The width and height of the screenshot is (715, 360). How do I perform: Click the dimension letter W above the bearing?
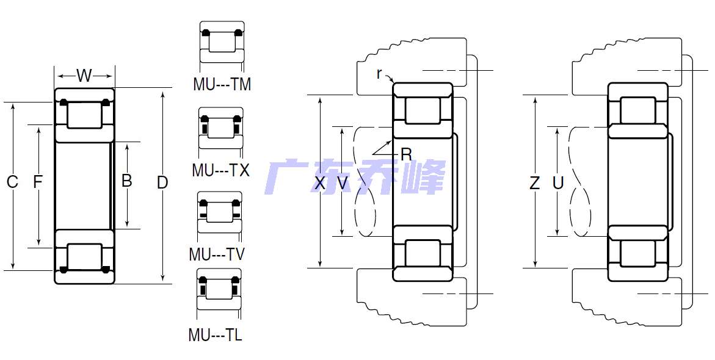coord(84,76)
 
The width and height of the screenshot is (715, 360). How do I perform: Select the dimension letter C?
coord(12,182)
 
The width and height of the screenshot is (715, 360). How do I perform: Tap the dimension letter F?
coord(38,182)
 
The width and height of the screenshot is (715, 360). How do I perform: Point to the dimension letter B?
coord(127,181)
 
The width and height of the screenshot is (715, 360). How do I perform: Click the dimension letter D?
coord(162,182)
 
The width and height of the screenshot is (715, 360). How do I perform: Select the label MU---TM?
coord(222,84)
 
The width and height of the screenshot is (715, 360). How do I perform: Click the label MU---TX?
coord(220,170)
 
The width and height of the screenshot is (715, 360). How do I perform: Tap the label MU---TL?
coord(215,335)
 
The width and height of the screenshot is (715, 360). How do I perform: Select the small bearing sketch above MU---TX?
coord(221,128)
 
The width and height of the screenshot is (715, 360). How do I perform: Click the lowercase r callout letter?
coord(379,74)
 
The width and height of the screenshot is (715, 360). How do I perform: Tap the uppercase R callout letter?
coord(406,154)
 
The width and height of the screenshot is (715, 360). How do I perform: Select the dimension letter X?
coord(320,182)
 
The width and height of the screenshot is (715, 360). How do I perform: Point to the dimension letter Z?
coord(534,182)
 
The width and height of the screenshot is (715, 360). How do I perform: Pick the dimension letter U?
coord(557,182)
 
